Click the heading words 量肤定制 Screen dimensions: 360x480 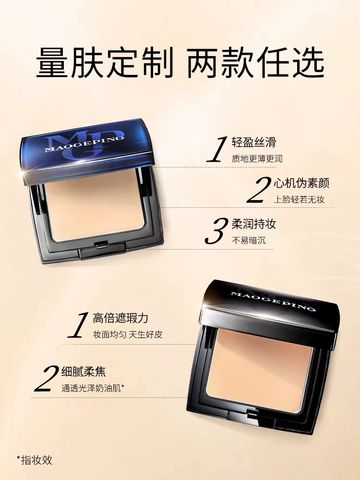point(105,63)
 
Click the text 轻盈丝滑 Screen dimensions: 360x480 point(254,143)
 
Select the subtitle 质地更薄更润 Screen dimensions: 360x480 point(257,158)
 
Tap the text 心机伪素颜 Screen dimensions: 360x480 point(301,183)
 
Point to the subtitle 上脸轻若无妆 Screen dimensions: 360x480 point(299,200)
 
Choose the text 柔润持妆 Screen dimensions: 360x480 point(254,224)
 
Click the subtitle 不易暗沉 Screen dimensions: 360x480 point(249,240)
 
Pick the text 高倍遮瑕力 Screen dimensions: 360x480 point(120,318)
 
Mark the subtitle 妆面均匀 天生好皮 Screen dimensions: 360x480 point(128,334)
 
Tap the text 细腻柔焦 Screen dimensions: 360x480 point(84,372)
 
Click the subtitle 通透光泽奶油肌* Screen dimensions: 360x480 point(93,388)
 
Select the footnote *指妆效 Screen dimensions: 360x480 point(35,460)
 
